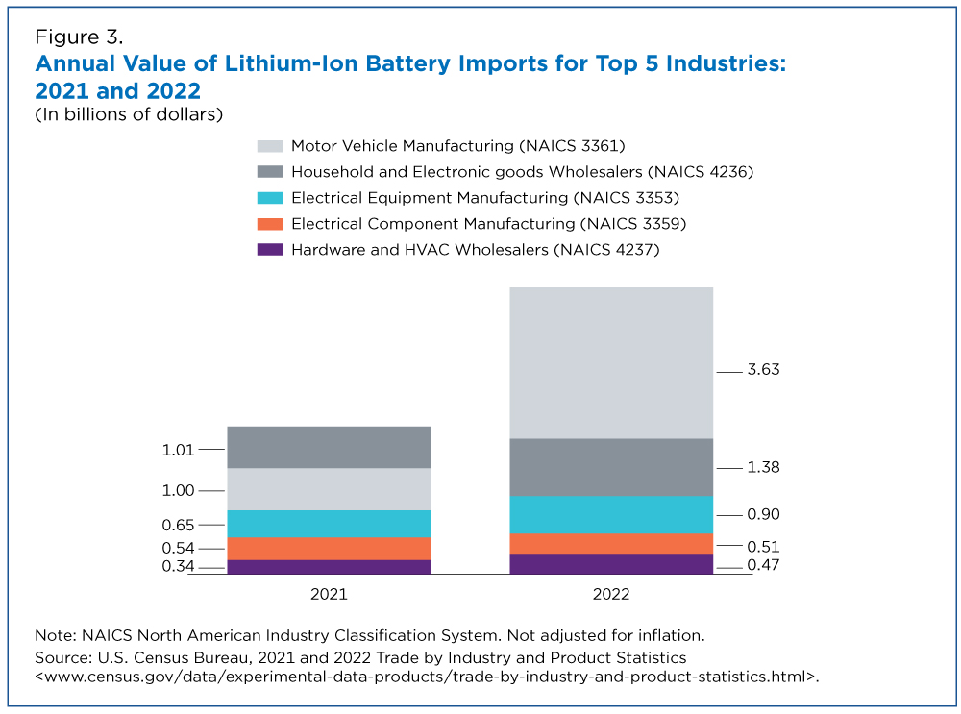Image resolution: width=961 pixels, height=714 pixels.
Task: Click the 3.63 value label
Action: click(764, 370)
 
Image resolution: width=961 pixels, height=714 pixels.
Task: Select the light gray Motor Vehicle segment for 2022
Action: click(611, 362)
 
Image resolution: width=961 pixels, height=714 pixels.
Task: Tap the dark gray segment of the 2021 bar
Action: click(328, 447)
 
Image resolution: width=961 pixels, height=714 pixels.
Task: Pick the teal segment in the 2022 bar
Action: click(611, 514)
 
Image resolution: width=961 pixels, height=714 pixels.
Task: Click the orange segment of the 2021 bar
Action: click(328, 548)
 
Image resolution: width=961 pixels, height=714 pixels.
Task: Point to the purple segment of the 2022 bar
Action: click(611, 563)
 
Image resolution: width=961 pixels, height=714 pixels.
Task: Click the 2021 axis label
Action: click(328, 594)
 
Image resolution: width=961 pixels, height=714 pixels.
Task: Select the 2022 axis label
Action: click(611, 594)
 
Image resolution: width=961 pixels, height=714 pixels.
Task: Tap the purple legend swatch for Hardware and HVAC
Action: click(270, 250)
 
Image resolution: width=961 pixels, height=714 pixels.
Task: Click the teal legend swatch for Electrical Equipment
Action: click(270, 198)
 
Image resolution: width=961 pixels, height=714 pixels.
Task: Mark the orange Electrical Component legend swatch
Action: click(270, 224)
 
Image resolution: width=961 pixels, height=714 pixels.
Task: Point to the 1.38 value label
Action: click(764, 467)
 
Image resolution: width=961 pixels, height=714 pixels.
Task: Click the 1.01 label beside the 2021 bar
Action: click(179, 449)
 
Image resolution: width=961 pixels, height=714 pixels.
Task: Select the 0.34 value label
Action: click(179, 567)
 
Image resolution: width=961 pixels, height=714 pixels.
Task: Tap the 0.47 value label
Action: click(764, 565)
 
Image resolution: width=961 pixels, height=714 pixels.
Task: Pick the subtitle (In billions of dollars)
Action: click(129, 115)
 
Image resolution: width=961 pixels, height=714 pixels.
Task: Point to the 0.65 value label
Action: click(179, 525)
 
